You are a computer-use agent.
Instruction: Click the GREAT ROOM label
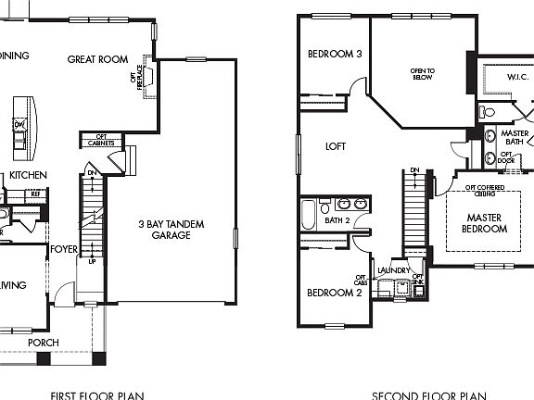(97, 59)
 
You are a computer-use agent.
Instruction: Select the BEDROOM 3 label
(335, 54)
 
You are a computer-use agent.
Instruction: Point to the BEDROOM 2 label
(334, 293)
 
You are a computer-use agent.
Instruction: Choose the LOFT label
(336, 146)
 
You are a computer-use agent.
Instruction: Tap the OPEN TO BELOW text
(423, 74)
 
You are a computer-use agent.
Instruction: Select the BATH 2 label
(337, 220)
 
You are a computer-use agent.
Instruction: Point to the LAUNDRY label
(393, 270)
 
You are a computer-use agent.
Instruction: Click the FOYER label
(64, 248)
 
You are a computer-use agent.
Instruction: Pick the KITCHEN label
(28, 175)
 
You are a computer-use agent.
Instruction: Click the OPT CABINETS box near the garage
(101, 141)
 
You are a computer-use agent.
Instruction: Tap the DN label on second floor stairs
(414, 170)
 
